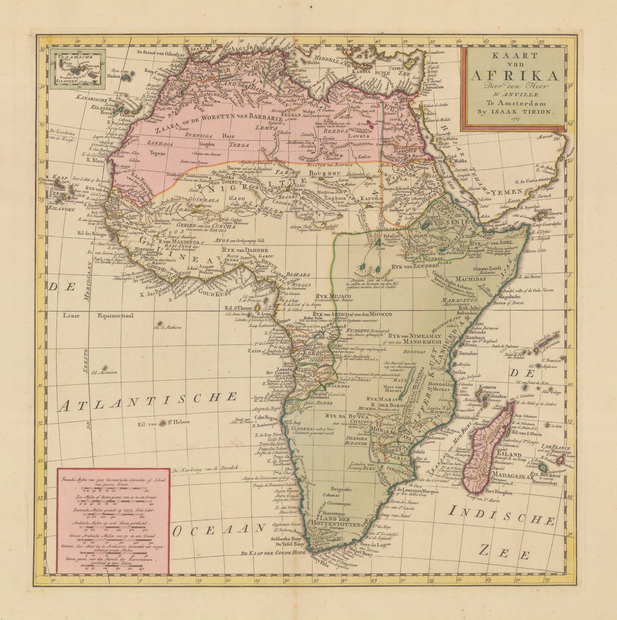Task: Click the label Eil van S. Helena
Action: point(159,424)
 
